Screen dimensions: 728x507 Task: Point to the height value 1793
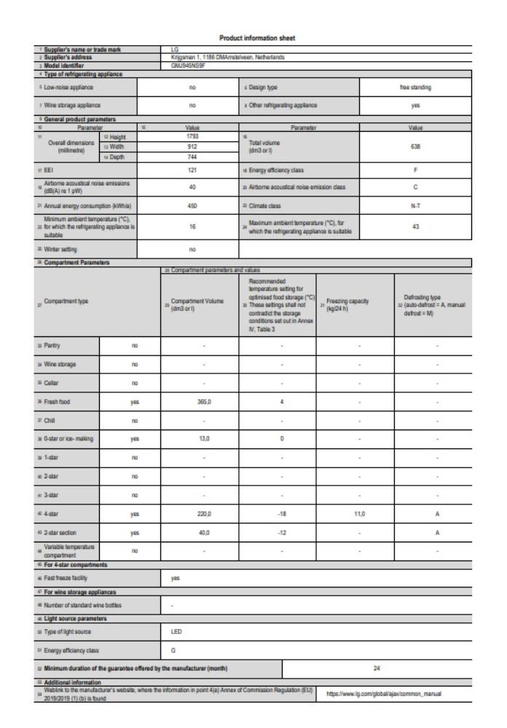point(188,135)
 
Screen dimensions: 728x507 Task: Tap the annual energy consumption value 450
point(188,205)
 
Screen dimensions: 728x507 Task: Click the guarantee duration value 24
point(393,666)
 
